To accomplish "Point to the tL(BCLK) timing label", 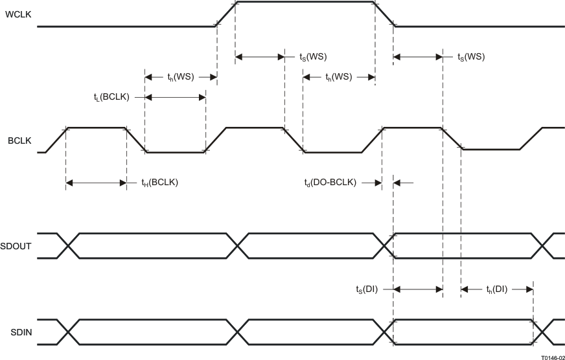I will coord(111,97).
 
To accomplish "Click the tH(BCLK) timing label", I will coord(159,183).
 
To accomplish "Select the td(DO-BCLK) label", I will coord(330,183).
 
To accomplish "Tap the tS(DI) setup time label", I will coord(366,289).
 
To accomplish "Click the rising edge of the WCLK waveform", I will coord(225,14).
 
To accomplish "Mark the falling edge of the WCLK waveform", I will coord(385,14).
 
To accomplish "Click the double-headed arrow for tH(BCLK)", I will coord(97,183).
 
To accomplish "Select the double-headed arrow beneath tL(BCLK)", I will coord(176,98).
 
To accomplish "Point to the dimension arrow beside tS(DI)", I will coord(418,289).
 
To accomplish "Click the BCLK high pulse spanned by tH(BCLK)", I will coord(97,128).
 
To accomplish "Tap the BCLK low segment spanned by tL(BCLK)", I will coord(176,152).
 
